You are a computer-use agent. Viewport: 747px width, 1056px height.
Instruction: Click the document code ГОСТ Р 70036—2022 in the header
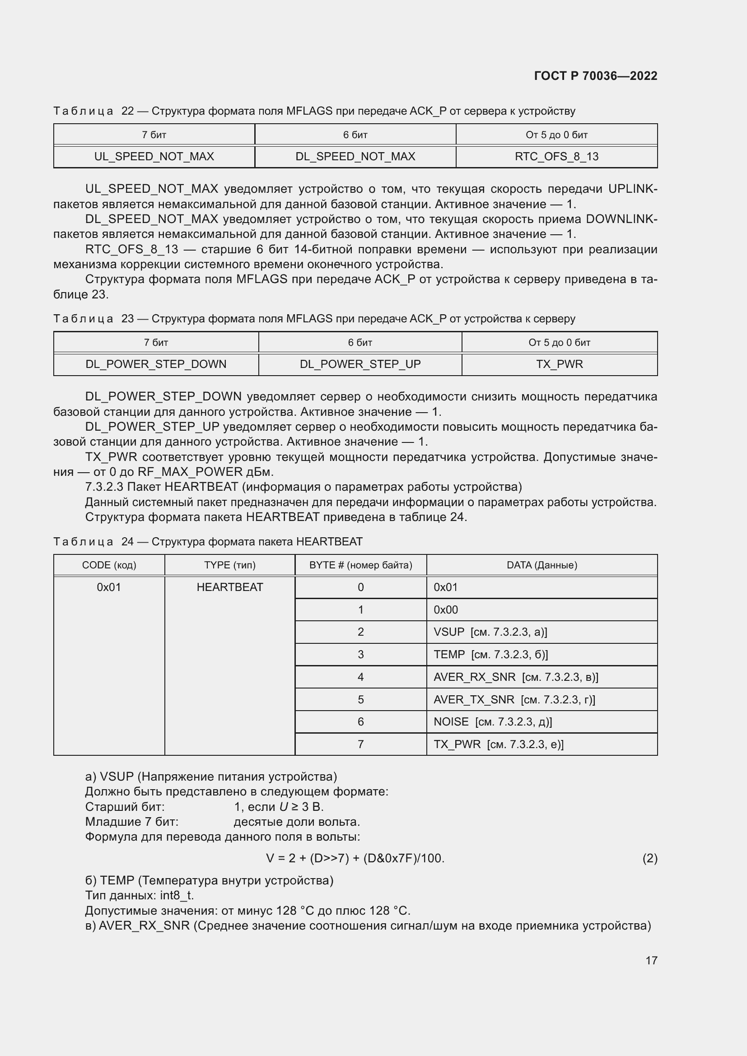click(x=596, y=76)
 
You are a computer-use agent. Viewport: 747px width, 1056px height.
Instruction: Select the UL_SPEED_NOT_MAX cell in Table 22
click(x=154, y=156)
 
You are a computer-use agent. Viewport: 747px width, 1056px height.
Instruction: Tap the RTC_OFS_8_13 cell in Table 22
click(x=556, y=156)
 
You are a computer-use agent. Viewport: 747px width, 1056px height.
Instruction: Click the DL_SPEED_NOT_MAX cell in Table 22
click(x=355, y=156)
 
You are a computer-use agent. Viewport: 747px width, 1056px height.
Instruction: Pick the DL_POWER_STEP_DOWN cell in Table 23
click(x=156, y=364)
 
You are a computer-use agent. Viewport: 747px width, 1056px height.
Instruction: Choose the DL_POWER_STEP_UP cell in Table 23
click(x=360, y=364)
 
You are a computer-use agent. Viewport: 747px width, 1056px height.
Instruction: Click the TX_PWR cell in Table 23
click(x=559, y=364)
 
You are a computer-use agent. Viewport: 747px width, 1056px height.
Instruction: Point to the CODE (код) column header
click(x=109, y=565)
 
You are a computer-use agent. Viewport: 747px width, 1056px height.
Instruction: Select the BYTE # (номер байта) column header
click(x=360, y=565)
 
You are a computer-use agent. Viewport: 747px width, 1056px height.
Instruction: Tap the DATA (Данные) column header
click(x=542, y=565)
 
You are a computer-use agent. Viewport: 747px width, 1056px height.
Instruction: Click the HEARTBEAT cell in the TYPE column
click(x=229, y=587)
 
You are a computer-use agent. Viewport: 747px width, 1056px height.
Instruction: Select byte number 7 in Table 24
click(x=360, y=744)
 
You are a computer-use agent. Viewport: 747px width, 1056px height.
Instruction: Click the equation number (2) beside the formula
click(x=649, y=858)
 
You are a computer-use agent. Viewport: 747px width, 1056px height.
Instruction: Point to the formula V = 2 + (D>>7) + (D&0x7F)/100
click(x=355, y=858)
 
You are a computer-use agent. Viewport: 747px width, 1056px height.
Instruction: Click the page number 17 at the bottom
click(x=651, y=960)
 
